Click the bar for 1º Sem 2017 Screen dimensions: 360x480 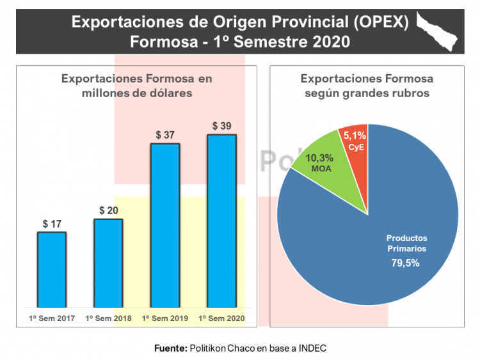pos(52,269)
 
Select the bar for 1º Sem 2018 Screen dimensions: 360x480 pos(108,263)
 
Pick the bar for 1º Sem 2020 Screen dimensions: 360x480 pos(221,221)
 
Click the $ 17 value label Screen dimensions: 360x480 pos(52,224)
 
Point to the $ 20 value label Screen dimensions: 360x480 pos(108,210)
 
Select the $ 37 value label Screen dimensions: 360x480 pos(164,135)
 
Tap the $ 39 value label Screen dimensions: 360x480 pos(221,126)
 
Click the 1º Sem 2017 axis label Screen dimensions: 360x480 pos(52,318)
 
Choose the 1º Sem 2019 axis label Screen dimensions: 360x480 pos(164,318)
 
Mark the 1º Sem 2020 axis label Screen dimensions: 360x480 pos(221,318)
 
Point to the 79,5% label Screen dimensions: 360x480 pos(406,263)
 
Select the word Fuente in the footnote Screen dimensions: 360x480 pos(170,348)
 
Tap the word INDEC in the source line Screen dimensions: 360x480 pos(312,348)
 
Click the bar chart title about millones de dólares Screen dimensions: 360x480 pos(136,86)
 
